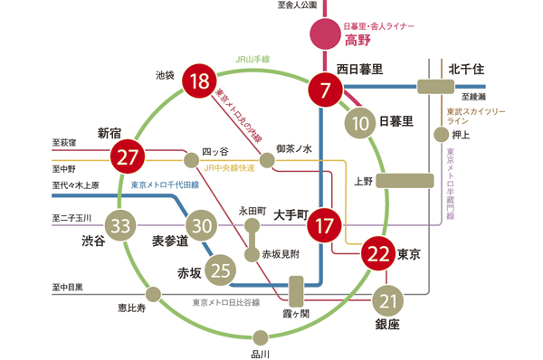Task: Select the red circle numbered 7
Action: [x=325, y=89]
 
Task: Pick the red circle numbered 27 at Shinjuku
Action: [x=127, y=156]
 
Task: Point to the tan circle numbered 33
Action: [x=120, y=225]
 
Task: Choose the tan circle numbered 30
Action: [x=202, y=225]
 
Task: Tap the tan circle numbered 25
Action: [x=220, y=268]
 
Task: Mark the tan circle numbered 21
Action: [x=389, y=300]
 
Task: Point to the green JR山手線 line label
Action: [x=254, y=61]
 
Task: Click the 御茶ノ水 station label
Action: [x=294, y=147]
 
